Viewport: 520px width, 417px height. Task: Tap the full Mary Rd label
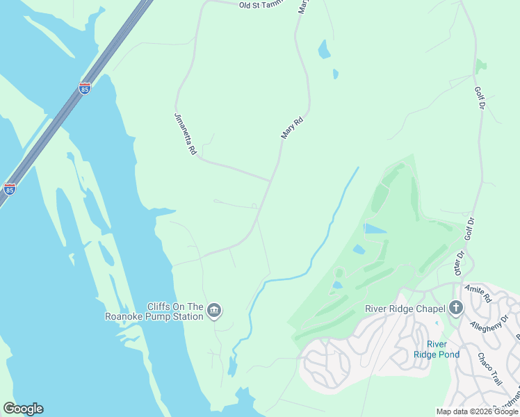[293, 129]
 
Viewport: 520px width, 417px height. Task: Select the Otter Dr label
[459, 263]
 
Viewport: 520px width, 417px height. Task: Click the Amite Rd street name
[478, 293]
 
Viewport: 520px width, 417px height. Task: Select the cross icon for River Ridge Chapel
[456, 308]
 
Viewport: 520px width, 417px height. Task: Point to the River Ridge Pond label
[436, 349]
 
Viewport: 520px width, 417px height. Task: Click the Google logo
[23, 409]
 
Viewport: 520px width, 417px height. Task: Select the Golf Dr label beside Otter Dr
[470, 229]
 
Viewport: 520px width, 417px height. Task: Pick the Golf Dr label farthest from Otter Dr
[478, 99]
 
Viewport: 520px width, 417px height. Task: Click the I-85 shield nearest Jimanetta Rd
[85, 88]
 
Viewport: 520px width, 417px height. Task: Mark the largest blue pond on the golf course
[375, 229]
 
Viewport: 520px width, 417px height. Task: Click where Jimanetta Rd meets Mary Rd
[270, 181]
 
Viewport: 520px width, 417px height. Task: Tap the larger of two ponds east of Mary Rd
[324, 49]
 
